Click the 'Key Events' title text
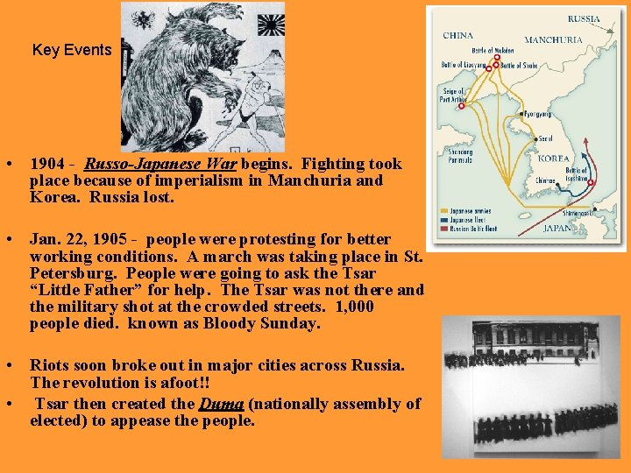[72, 50]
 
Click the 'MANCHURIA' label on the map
[552, 40]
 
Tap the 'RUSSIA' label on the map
[584, 18]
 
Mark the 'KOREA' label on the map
[553, 159]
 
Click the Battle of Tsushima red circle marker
[590, 183]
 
